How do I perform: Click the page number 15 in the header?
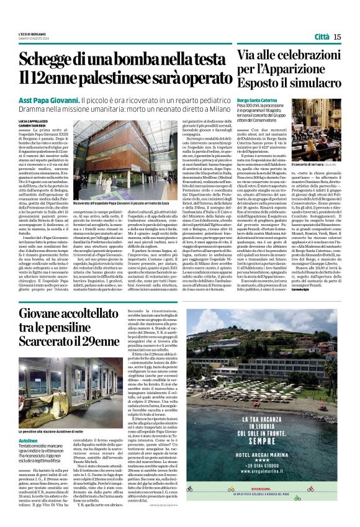(337, 37)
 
